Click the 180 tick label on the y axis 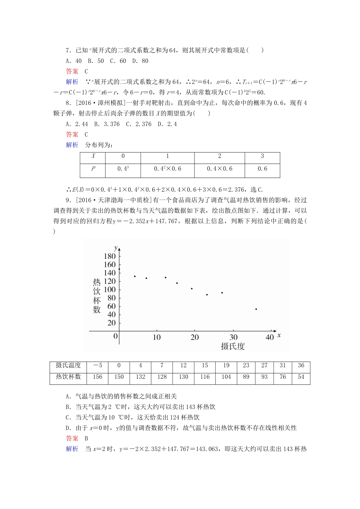[109, 256]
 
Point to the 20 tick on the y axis [111, 323]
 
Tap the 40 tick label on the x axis [269, 337]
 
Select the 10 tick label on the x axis [157, 337]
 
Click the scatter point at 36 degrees [256, 309]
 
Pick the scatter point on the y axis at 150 [119, 269]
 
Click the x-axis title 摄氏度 [233, 346]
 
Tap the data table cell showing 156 [97, 377]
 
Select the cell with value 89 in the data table [246, 377]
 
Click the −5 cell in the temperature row [97, 365]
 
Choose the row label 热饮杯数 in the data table [68, 377]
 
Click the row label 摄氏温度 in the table [68, 365]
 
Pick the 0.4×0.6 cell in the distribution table [219, 169]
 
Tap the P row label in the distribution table [93, 169]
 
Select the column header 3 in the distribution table [262, 156]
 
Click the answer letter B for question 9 [86, 439]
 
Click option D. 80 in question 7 [140, 61]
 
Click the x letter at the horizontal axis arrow [279, 335]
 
